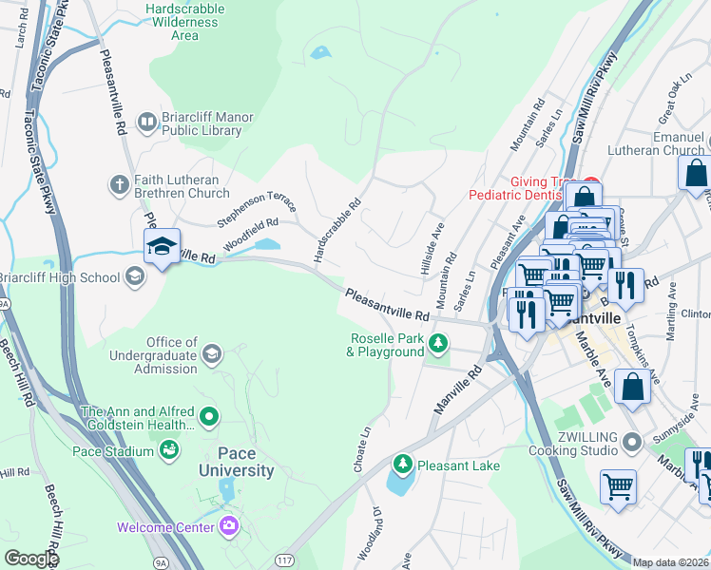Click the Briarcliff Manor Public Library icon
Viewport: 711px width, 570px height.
tap(146, 122)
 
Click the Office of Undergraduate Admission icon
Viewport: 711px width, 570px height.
tap(212, 353)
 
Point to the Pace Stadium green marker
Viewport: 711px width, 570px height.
tap(169, 449)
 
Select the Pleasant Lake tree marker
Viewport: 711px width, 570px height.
tap(403, 465)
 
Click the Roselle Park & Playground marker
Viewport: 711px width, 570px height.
tap(437, 343)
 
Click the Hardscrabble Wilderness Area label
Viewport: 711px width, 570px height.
tap(184, 22)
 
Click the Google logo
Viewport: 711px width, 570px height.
tap(30, 559)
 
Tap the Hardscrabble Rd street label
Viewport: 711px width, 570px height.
tap(339, 230)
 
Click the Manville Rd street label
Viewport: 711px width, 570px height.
tap(458, 386)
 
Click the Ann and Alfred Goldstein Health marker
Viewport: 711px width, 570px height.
tap(209, 416)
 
